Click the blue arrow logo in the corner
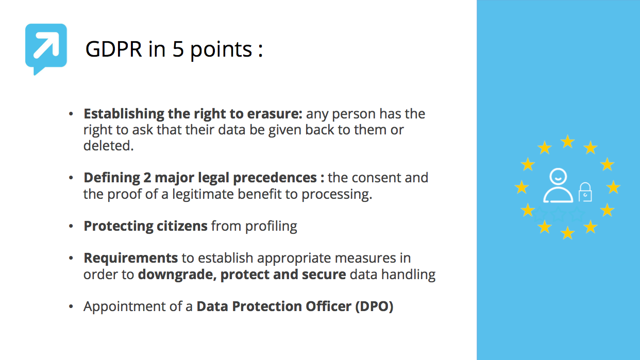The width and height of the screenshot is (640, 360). [46, 48]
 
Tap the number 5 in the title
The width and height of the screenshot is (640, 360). [178, 49]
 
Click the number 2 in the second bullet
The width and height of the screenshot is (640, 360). [134, 178]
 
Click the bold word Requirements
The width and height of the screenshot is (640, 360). [131, 258]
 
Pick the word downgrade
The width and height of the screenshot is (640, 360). [176, 274]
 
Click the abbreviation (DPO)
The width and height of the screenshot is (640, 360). [374, 306]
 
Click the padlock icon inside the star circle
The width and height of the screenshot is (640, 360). [585, 192]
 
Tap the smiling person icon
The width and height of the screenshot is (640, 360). [558, 185]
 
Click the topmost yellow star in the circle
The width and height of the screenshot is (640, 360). [567, 142]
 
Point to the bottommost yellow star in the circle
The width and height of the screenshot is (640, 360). [567, 233]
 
